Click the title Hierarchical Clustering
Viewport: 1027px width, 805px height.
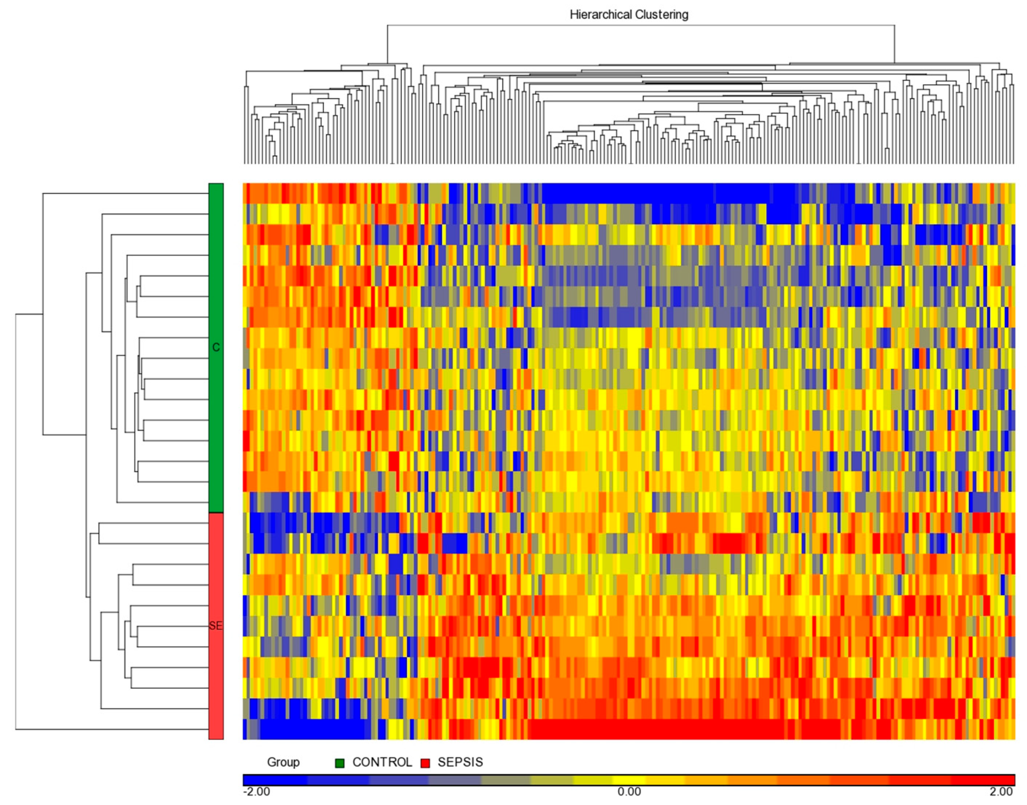point(629,15)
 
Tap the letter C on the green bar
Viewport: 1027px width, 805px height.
point(216,347)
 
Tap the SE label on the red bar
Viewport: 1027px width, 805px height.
point(216,626)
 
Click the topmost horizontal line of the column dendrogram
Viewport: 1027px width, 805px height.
point(640,25)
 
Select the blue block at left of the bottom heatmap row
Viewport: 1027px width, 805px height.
point(311,729)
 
